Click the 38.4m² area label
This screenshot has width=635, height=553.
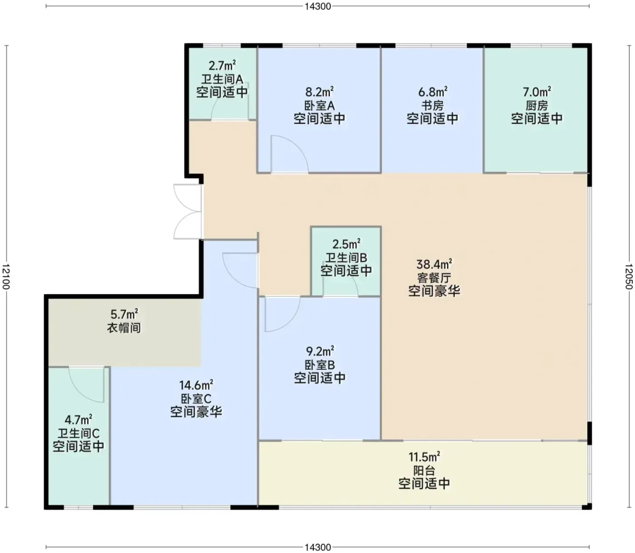(434, 264)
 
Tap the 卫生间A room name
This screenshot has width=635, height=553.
(222, 79)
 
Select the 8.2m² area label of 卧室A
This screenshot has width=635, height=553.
(319, 92)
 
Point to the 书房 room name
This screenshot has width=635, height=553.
(432, 106)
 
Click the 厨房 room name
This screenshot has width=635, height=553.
(537, 106)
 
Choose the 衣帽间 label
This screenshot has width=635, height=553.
(124, 328)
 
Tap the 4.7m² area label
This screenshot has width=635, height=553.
(78, 420)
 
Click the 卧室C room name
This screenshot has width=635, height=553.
(196, 398)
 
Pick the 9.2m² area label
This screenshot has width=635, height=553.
(320, 351)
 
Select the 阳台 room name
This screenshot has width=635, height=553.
(424, 470)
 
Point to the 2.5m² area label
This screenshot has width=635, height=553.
(347, 244)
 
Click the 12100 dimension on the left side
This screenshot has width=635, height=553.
(6, 276)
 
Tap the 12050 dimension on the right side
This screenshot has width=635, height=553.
(629, 276)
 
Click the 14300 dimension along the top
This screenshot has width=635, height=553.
(317, 6)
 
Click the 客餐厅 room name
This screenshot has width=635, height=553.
(434, 277)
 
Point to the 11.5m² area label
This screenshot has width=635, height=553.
(424, 456)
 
